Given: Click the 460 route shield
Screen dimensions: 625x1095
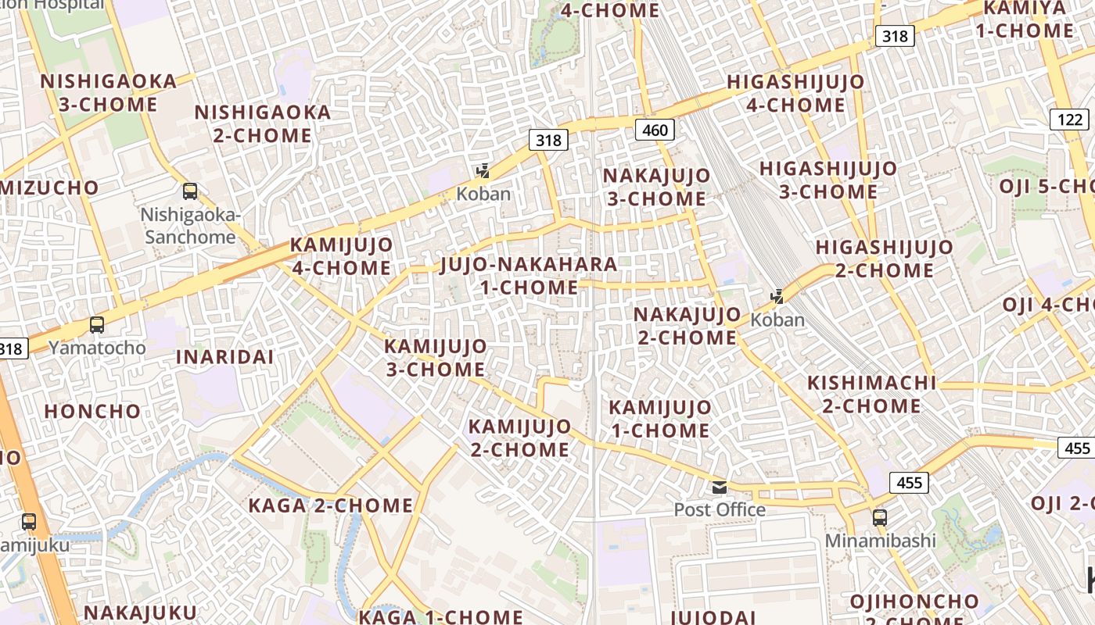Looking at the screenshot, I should pos(655,130).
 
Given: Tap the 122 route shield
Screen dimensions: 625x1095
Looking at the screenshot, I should pos(1069,120).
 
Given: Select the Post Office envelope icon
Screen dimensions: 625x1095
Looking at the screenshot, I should pos(720,488).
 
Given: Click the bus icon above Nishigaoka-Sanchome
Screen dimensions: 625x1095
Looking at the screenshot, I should pos(190,191).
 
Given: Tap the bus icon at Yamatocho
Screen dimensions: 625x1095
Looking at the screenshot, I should pos(97,325).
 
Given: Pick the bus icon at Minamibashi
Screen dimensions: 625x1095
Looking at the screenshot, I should pos(880,518).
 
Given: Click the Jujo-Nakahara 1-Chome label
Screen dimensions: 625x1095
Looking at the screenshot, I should pos(529,276).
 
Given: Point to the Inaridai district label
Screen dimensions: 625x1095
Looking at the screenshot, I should pos(224,357).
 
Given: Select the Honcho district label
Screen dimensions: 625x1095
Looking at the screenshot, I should pos(92,412).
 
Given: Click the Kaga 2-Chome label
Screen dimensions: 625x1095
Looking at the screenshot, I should pos(330,505).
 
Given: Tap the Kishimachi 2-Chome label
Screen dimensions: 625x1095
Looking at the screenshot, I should pos(871,395).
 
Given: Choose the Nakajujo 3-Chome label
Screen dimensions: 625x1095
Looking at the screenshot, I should pos(657,187).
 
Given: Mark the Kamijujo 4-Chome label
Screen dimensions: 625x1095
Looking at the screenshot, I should pos(342,256).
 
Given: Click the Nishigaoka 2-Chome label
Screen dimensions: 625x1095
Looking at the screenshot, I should pos(263,123).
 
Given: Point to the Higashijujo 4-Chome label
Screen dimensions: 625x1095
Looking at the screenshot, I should pos(795,93).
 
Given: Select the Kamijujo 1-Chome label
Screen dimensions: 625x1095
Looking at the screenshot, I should pos(660,419).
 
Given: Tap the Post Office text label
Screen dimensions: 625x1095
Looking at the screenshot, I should pos(720,510).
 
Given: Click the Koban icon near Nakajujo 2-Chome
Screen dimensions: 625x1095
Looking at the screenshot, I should pos(777,297).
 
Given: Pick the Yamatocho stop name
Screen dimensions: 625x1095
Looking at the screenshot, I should pos(97,348).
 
